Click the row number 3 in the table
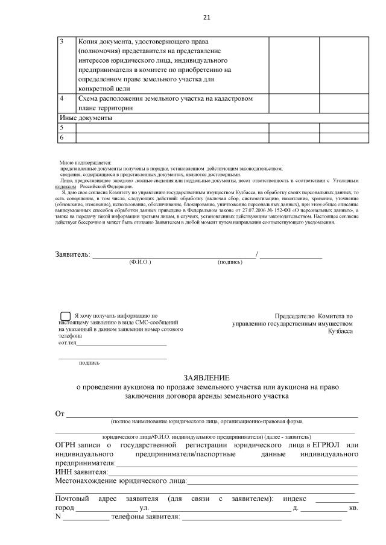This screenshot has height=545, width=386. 62,42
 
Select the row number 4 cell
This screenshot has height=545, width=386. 62,98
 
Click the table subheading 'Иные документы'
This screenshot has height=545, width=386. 85,118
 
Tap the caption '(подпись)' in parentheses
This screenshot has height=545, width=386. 230,262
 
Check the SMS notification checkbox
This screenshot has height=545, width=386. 65,316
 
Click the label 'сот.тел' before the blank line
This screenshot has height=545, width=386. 68,343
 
